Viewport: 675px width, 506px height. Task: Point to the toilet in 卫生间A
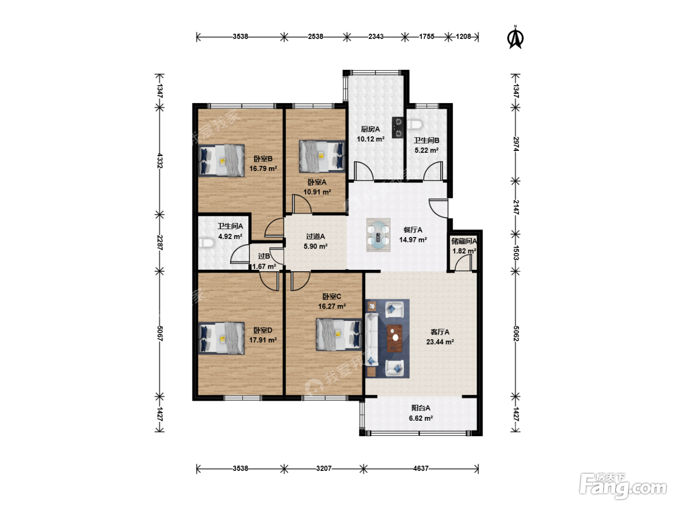[x=206, y=243]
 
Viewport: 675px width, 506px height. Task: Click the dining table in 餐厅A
[x=378, y=235]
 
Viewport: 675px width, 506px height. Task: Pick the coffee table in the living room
[x=394, y=338]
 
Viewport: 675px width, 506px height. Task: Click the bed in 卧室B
[x=221, y=160]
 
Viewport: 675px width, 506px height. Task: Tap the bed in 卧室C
[x=339, y=334]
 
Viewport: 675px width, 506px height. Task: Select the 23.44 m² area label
[x=440, y=342]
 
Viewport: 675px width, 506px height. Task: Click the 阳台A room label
[x=421, y=408]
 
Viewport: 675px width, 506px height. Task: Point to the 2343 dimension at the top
[x=376, y=37]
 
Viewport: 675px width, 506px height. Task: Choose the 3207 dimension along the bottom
[x=324, y=468]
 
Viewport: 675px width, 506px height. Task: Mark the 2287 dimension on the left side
[x=160, y=242]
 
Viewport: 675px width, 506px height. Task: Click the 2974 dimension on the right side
[x=516, y=144]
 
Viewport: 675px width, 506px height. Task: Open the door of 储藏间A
[x=463, y=263]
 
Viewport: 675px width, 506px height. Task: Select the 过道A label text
[x=315, y=236]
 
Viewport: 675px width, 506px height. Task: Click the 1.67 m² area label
[x=264, y=266]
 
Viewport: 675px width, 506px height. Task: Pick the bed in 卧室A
[x=322, y=156]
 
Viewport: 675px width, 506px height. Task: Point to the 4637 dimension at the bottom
[x=421, y=468]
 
